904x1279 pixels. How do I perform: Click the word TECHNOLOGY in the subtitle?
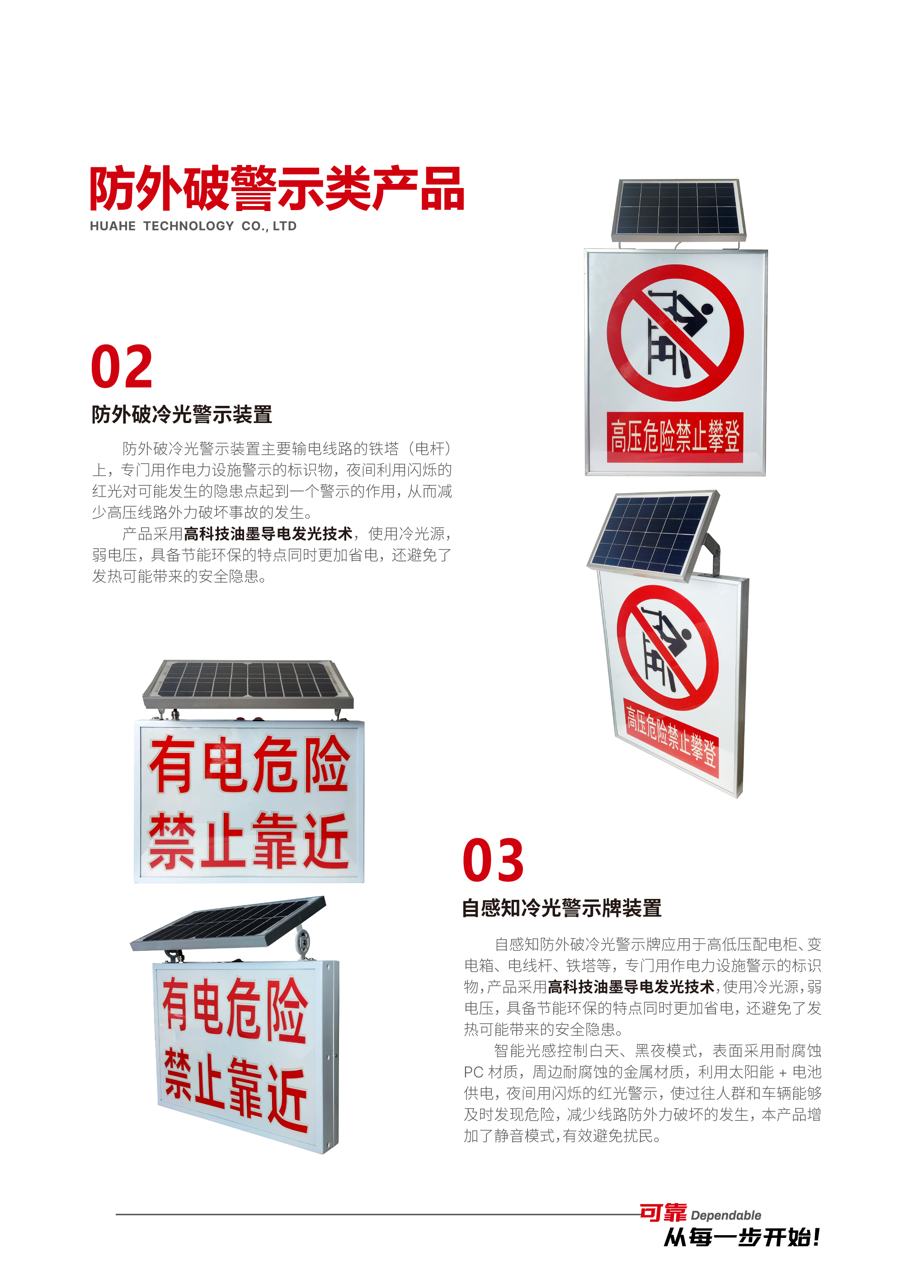pyautogui.click(x=189, y=226)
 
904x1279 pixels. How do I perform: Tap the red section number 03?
pyautogui.click(x=493, y=861)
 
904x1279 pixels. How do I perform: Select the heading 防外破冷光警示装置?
pyautogui.click(x=182, y=414)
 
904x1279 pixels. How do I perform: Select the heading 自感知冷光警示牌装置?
pyautogui.click(x=561, y=908)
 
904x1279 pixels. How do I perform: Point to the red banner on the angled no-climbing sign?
pyautogui.click(x=671, y=738)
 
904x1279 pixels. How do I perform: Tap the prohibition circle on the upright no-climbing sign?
pyautogui.click(x=675, y=333)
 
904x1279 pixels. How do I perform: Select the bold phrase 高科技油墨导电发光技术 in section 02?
pyautogui.click(x=268, y=534)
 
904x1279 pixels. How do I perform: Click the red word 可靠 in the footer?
pyautogui.click(x=663, y=1212)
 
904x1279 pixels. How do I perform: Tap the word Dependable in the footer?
pyautogui.click(x=726, y=1215)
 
